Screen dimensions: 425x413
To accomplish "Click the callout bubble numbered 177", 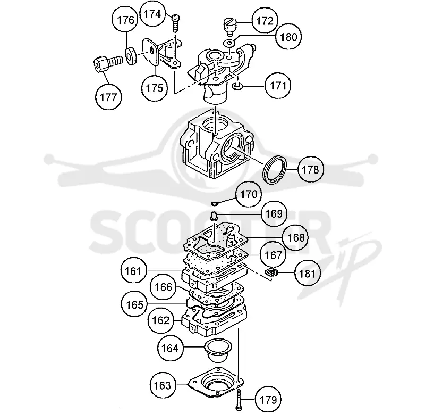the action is [108, 97].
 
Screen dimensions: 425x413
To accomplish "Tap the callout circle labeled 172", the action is [265, 21].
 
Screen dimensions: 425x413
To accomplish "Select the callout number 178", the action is [311, 169].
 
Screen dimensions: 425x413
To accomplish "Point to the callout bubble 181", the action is [308, 274].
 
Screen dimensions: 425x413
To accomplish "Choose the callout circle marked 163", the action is [163, 385].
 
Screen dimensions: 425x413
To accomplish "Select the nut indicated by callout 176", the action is [132, 56].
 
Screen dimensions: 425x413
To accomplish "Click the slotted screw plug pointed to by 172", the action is [231, 26].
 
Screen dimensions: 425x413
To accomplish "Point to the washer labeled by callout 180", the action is [229, 43].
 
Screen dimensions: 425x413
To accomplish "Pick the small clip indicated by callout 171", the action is [237, 86].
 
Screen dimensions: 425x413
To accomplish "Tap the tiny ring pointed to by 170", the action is [215, 203].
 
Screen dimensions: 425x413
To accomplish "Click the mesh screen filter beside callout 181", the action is [271, 273].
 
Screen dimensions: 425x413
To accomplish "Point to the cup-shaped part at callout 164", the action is [218, 350].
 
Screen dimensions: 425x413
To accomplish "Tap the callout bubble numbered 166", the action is [163, 287].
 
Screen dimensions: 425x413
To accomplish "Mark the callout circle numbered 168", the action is [296, 237].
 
